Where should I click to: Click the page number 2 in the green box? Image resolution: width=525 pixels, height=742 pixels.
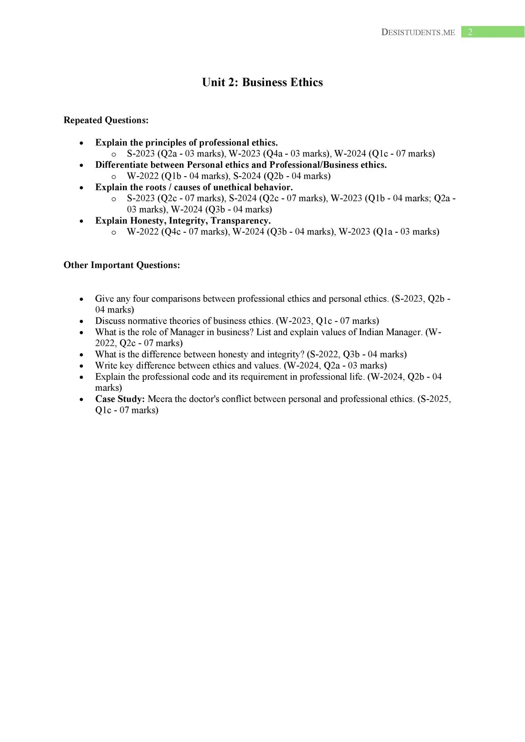(470, 32)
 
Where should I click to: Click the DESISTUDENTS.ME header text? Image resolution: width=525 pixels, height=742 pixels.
(418, 32)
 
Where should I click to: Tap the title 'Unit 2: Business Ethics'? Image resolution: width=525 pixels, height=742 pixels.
(262, 82)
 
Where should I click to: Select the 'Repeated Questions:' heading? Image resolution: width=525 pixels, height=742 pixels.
(106, 120)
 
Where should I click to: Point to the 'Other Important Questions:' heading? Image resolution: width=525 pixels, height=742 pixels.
(122, 265)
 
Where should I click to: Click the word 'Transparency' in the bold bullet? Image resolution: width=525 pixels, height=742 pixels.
(240, 221)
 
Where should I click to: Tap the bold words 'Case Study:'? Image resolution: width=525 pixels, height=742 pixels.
(120, 399)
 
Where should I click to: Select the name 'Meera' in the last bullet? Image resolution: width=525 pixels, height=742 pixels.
(160, 399)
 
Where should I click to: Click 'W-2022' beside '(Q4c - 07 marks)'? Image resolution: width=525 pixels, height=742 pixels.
(143, 232)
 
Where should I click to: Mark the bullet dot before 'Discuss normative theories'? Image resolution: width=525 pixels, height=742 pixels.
(81, 322)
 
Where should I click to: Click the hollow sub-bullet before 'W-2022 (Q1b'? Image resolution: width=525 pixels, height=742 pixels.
(114, 177)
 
